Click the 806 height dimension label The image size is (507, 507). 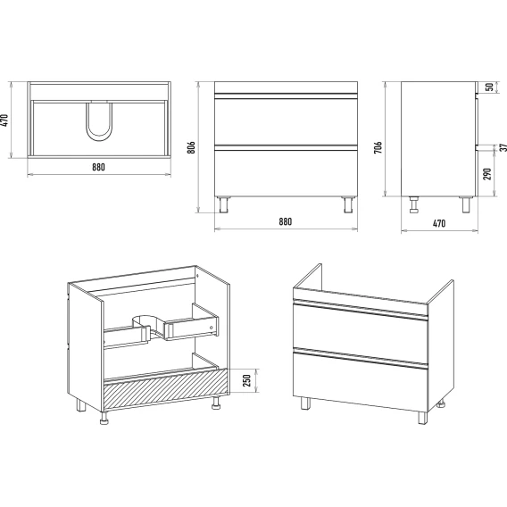tap(191, 147)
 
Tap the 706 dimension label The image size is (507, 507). tap(378, 147)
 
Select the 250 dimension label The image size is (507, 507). tap(246, 380)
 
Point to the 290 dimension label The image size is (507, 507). tap(487, 174)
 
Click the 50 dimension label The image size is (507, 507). tap(490, 87)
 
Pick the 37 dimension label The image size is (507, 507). tap(503, 147)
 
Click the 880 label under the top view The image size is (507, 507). tap(98, 167)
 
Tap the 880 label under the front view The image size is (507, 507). tap(286, 221)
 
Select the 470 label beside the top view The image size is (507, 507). tap(4, 121)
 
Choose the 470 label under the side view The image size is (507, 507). tap(439, 223)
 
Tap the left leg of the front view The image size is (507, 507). tap(223, 204)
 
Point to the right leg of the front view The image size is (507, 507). tap(348, 204)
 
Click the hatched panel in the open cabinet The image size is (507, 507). tap(165, 390)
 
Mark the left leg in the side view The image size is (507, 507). tap(414, 204)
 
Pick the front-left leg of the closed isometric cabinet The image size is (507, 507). tap(305, 403)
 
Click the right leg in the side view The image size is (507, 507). tap(466, 204)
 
